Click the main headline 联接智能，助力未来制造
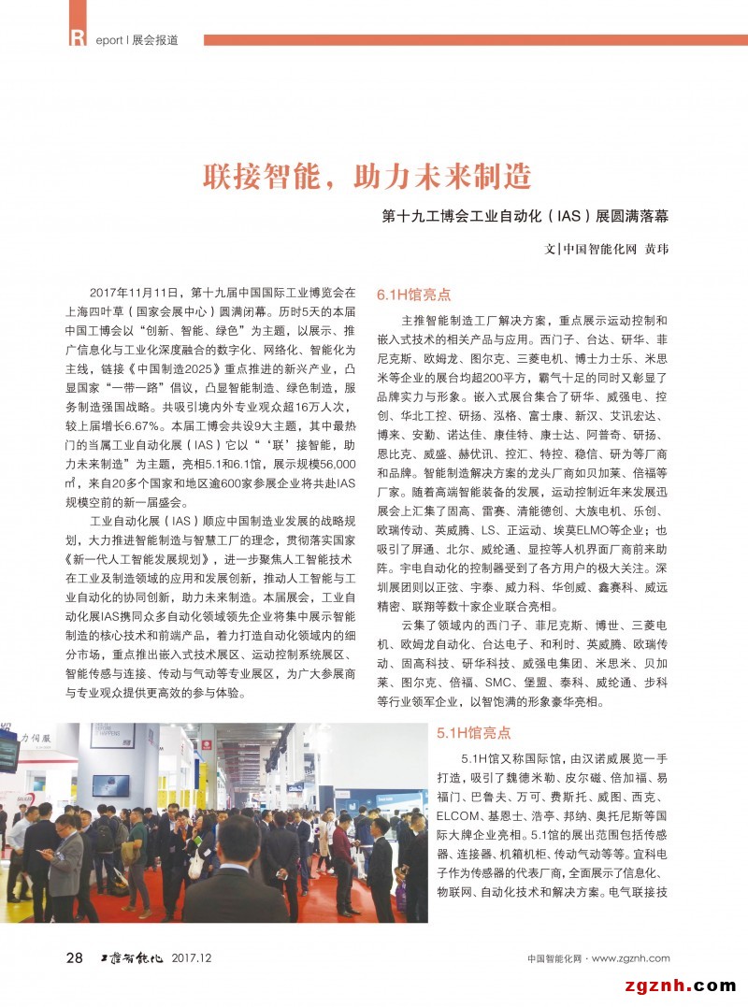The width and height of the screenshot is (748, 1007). (367, 175)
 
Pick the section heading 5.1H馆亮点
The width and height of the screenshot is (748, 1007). (474, 733)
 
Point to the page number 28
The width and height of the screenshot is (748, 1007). (74, 957)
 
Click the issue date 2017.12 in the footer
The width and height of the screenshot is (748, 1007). (193, 958)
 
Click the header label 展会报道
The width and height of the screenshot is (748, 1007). (155, 40)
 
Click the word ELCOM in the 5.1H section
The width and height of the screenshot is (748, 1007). (458, 813)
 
